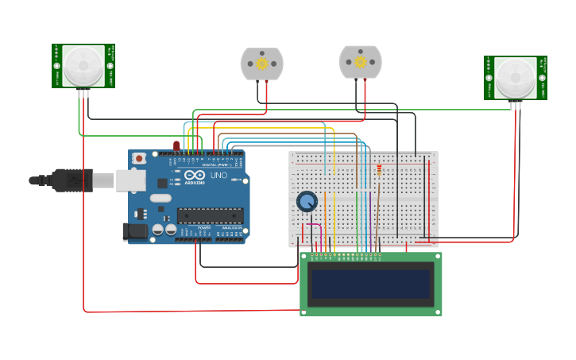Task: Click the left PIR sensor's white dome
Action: (x=83, y=65)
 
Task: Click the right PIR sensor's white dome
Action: (x=516, y=77)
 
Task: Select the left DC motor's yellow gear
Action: (x=261, y=64)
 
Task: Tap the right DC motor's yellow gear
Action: (x=360, y=61)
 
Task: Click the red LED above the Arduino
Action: (x=176, y=145)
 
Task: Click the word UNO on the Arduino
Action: (x=218, y=175)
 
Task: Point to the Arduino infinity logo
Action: (x=195, y=174)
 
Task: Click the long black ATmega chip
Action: (x=210, y=215)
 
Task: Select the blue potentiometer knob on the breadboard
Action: (x=307, y=201)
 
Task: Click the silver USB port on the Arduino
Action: (x=132, y=180)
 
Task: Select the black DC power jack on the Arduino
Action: (x=134, y=230)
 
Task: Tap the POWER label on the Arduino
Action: (x=204, y=227)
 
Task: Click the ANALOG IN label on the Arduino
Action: (x=231, y=227)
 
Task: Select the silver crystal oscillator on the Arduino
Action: (x=160, y=198)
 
